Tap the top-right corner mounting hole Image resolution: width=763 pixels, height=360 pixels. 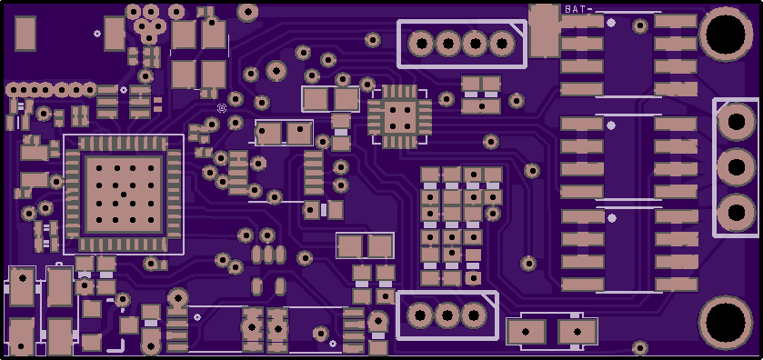pyautogui.click(x=726, y=34)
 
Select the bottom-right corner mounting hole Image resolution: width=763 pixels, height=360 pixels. pyautogui.click(x=726, y=322)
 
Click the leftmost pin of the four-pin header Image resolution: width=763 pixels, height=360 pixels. pyautogui.click(x=421, y=45)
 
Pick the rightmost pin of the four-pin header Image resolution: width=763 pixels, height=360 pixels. pyautogui.click(x=502, y=45)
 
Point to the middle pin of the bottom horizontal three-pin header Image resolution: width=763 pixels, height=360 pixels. pyautogui.click(x=447, y=315)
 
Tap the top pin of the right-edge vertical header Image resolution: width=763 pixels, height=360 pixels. pyautogui.click(x=737, y=122)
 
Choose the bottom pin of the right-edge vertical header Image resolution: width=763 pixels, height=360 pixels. pyautogui.click(x=737, y=213)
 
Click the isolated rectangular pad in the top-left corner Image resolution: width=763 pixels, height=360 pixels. pyautogui.click(x=25, y=33)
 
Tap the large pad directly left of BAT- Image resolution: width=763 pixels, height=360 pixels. pyautogui.click(x=545, y=31)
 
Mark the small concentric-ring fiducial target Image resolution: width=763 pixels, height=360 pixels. pyautogui.click(x=222, y=108)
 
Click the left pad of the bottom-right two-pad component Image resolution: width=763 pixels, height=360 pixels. pyautogui.click(x=526, y=332)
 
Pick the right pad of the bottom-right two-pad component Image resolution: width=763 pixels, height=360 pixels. pyautogui.click(x=577, y=332)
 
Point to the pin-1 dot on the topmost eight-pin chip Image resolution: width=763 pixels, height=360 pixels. pyautogui.click(x=611, y=23)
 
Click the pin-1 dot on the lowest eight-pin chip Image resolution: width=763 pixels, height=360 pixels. pyautogui.click(x=612, y=218)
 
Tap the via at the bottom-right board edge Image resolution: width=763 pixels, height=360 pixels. pyautogui.click(x=640, y=348)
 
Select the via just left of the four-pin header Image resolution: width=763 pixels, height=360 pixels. pyautogui.click(x=373, y=39)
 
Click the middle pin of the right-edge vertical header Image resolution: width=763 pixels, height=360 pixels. pyautogui.click(x=737, y=167)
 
